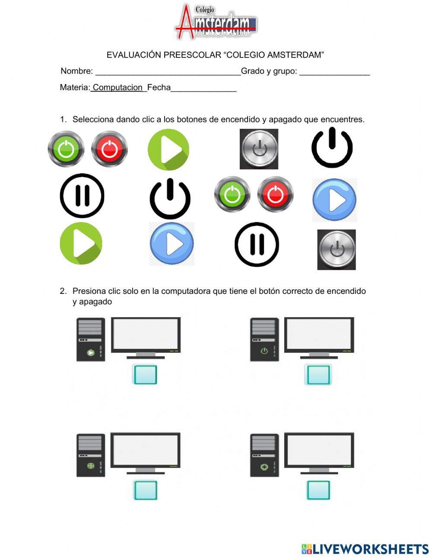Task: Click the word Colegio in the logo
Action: click(204, 10)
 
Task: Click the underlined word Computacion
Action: click(118, 88)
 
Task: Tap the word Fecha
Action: click(159, 87)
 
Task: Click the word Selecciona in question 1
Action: click(93, 119)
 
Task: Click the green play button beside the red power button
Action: click(168, 150)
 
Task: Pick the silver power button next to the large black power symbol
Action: click(259, 149)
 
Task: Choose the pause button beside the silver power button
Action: click(257, 244)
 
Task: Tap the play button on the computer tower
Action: click(91, 353)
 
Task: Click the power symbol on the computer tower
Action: click(264, 351)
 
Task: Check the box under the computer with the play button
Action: click(145, 375)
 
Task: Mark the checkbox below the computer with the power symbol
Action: click(318, 375)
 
